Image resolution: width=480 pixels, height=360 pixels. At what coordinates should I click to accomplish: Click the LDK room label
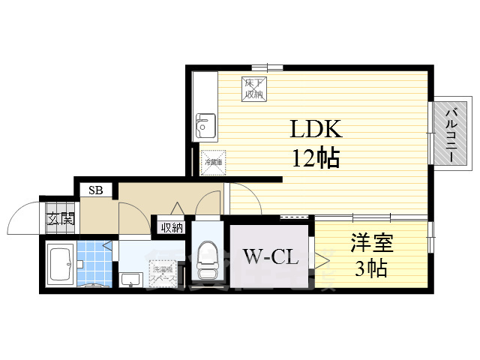316,129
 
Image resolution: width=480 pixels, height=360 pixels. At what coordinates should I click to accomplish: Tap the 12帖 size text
316,157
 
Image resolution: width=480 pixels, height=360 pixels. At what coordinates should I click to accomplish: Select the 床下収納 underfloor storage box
253,88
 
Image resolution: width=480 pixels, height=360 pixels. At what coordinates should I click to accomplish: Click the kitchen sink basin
205,127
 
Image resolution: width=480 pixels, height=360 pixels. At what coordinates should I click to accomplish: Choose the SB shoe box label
96,190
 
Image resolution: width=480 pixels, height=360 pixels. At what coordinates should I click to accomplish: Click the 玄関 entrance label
61,220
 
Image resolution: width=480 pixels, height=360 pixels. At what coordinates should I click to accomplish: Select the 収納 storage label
171,227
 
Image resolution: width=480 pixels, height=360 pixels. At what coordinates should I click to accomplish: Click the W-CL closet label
271,257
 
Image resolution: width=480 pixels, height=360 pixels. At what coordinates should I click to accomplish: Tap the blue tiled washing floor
94,262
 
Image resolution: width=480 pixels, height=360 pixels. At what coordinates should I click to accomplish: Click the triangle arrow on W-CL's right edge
322,259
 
